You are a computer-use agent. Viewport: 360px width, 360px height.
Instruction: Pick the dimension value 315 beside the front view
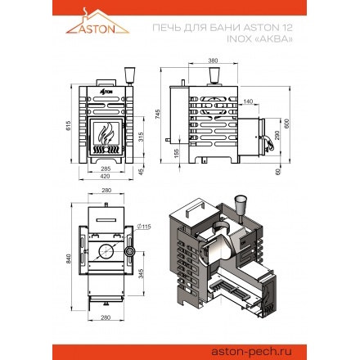144,135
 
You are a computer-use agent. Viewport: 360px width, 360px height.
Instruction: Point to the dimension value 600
286,122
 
